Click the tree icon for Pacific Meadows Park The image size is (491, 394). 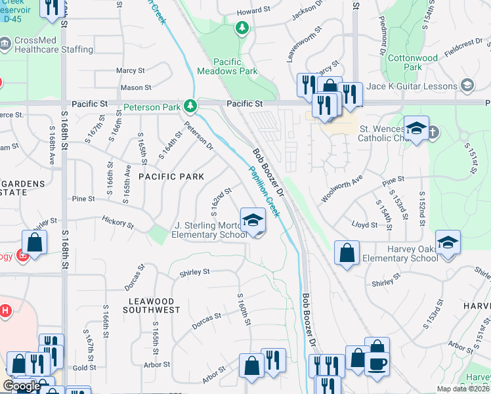[x=242, y=28]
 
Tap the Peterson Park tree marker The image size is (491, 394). [x=190, y=105]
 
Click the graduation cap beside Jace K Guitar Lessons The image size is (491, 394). [x=467, y=85]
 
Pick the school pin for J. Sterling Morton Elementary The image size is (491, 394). [x=253, y=221]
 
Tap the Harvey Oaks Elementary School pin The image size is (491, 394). [x=448, y=243]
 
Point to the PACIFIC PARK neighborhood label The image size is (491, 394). [x=171, y=177]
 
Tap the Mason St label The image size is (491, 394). [x=136, y=87]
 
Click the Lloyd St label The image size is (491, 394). [x=365, y=225]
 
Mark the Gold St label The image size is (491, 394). [x=85, y=368]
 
